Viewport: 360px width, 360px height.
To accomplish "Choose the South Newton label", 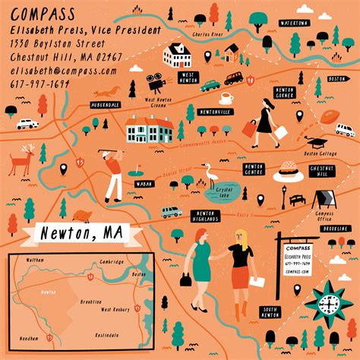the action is tap(270, 313).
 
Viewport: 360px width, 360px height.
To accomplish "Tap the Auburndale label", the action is tap(105, 105).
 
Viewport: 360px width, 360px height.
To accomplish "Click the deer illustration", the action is tap(24, 162).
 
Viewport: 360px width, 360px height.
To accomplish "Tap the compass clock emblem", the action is tap(328, 305).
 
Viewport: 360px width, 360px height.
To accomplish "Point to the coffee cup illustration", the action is tap(226, 98).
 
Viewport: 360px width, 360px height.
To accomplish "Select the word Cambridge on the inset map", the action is tap(112, 262).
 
